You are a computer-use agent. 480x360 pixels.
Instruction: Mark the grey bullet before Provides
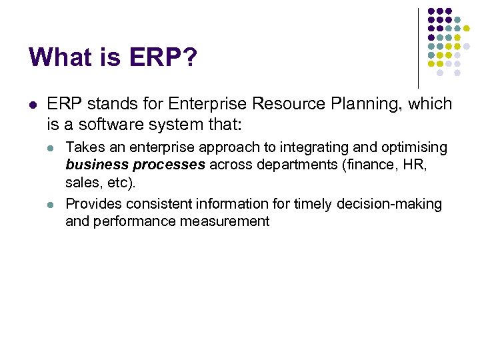[x=52, y=203]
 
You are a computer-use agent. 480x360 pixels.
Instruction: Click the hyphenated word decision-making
[x=393, y=203]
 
